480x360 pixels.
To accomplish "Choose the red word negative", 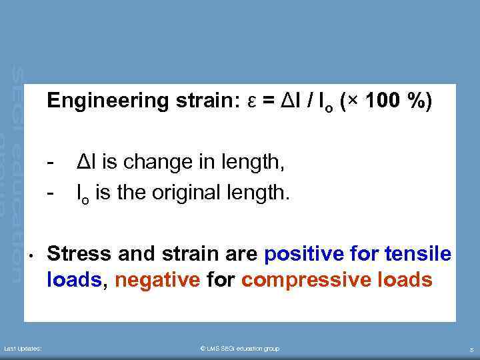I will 157,280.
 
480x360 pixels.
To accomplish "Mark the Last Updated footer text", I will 23,349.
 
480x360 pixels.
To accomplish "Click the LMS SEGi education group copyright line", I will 239,349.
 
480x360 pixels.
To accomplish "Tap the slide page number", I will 471,349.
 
